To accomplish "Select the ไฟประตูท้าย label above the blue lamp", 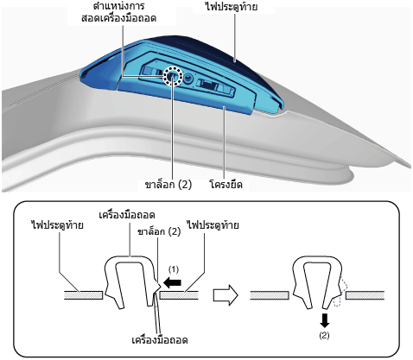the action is [x=232, y=6].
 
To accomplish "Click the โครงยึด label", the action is [x=226, y=184].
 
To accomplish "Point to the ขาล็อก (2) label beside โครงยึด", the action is [x=168, y=184].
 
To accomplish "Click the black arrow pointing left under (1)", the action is [x=172, y=283].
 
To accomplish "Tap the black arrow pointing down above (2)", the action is [x=324, y=320].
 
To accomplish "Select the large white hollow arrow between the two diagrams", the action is [x=226, y=295].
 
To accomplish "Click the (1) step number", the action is [x=174, y=269].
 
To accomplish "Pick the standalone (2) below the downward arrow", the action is [x=324, y=335].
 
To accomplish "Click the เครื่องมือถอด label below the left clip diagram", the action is [x=160, y=340].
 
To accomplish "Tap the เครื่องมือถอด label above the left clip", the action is [x=127, y=215].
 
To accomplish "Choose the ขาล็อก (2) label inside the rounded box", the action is [x=159, y=231].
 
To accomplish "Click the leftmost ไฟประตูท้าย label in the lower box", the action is [x=57, y=225].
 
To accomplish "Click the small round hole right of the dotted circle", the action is [x=188, y=78].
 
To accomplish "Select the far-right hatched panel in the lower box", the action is [x=365, y=295].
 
